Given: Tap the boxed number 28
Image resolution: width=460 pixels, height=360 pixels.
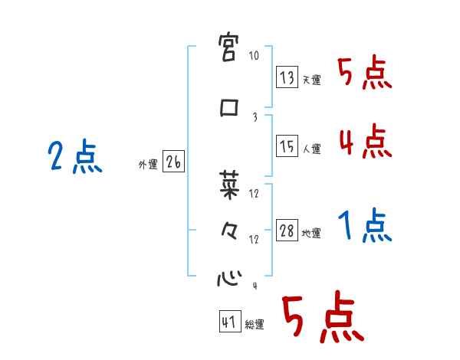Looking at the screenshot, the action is [x=287, y=231].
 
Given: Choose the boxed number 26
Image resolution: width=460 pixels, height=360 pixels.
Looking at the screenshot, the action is [x=174, y=161].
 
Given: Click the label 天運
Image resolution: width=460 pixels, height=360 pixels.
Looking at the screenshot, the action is [x=311, y=80].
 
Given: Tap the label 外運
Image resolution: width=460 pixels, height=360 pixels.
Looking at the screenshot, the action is [x=148, y=164].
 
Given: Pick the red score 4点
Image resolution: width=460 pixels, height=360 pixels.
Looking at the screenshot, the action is [x=363, y=142].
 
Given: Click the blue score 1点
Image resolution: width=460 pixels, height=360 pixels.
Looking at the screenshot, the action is [x=364, y=227].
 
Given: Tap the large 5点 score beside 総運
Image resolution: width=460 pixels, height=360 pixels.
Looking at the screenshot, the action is [x=322, y=319].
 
